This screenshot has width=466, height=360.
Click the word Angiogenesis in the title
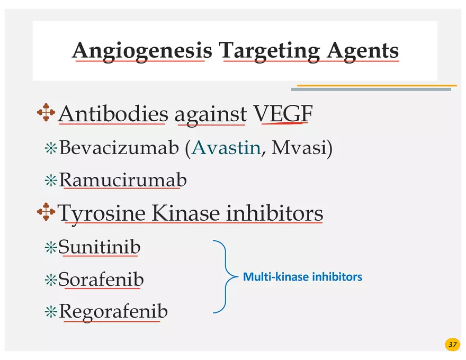pos(141,51)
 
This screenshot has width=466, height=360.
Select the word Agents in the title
pos(363,51)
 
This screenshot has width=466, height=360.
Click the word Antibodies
pos(113,114)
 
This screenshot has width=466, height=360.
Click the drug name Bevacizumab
pos(119,148)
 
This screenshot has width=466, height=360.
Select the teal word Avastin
pos(226,148)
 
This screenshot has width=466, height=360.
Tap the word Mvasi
pos(298,148)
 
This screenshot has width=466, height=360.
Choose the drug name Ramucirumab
pos(123,181)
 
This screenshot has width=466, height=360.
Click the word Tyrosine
pos(102,213)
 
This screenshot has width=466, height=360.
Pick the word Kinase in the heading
pos(186,213)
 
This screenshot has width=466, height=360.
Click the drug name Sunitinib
pos(100,247)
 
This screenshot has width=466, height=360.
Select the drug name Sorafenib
pos(101,279)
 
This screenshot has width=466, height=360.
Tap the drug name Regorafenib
pos(113,311)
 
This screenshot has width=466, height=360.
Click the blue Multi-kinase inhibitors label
pos(302,277)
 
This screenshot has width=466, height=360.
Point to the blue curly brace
pos(225,277)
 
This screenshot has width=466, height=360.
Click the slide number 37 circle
pos(452,345)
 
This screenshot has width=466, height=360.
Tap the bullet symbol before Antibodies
pos(46,113)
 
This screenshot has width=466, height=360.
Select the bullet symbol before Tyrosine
pos(46,212)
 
